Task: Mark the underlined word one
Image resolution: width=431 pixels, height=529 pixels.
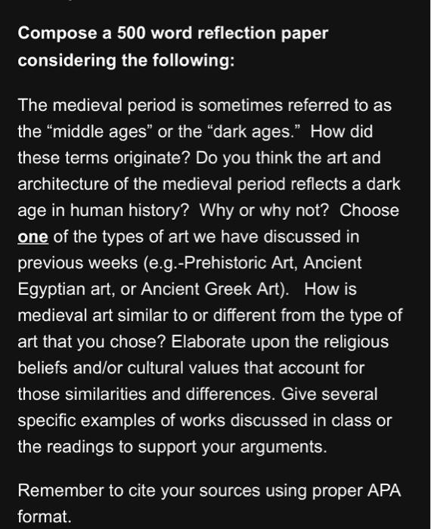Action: [x=33, y=237]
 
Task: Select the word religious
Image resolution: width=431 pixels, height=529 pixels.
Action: [x=358, y=342]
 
